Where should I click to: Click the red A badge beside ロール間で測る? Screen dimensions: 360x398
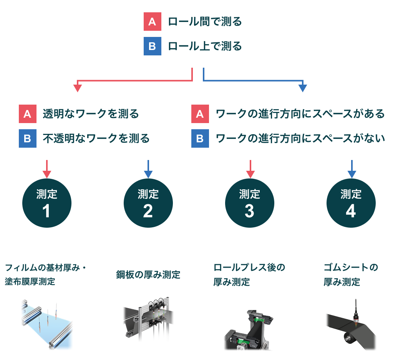click(152, 22)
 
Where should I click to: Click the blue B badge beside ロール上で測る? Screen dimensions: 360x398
click(152, 47)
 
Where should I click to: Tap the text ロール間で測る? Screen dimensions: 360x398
click(205, 22)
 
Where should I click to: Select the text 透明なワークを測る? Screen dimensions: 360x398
click(91, 114)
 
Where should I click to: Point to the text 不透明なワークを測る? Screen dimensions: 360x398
click(96, 138)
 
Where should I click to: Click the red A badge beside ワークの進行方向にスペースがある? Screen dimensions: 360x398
click(200, 114)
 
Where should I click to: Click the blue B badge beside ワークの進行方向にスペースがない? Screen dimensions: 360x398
click(200, 138)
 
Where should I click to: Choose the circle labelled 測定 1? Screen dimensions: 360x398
click(47, 203)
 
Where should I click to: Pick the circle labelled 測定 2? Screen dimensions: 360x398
click(148, 203)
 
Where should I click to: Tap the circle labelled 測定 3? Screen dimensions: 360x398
click(249, 203)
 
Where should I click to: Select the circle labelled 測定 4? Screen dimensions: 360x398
click(351, 203)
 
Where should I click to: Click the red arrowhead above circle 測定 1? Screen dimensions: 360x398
click(47, 174)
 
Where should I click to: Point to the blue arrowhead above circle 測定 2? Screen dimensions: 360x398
click(148, 174)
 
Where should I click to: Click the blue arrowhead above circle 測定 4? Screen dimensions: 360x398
click(351, 174)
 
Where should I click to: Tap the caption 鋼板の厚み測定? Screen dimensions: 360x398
click(148, 275)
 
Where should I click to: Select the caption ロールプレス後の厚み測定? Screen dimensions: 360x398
click(249, 275)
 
